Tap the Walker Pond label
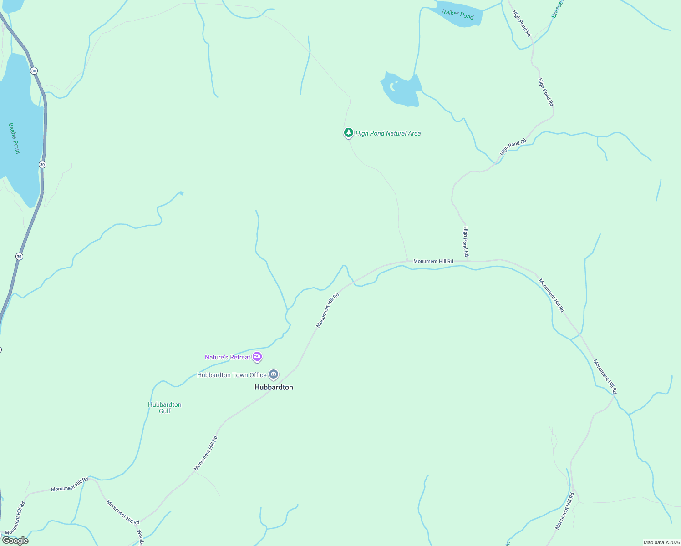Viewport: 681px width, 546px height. click(x=457, y=15)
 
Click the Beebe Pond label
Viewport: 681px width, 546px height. click(x=14, y=138)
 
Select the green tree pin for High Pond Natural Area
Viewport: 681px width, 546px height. click(x=348, y=133)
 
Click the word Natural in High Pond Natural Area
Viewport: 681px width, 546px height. click(x=397, y=133)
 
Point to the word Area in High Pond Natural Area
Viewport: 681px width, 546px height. click(x=415, y=133)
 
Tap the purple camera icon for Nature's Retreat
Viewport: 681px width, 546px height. click(x=257, y=357)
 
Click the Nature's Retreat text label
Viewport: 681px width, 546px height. click(x=227, y=357)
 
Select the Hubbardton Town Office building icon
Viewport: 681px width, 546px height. click(x=274, y=374)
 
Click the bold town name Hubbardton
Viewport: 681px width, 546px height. click(x=274, y=387)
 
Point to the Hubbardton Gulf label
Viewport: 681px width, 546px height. click(x=165, y=408)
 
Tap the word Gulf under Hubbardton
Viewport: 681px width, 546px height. click(x=165, y=411)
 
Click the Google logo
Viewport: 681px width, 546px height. click(x=15, y=541)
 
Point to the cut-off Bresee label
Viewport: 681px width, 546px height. click(x=557, y=9)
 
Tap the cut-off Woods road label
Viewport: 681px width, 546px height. click(x=140, y=537)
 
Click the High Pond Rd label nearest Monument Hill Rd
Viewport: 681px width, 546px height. click(x=466, y=241)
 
